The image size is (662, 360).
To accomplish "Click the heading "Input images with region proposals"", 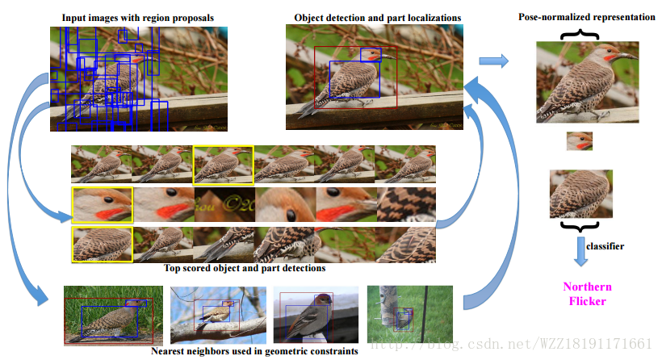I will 138,17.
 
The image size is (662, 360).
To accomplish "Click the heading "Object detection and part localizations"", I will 377,17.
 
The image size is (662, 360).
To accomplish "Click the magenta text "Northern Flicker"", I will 587,294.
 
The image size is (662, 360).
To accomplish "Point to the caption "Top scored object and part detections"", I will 245,268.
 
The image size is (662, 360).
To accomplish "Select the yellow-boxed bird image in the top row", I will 223,164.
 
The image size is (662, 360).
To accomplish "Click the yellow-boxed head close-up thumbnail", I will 102,205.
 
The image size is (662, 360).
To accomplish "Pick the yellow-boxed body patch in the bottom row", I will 102,244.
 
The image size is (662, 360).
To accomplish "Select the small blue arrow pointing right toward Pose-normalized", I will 493,61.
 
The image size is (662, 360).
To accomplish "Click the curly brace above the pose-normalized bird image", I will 587,33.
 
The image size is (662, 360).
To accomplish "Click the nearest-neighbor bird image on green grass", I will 107,316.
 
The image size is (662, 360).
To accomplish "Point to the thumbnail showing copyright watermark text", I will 224,205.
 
